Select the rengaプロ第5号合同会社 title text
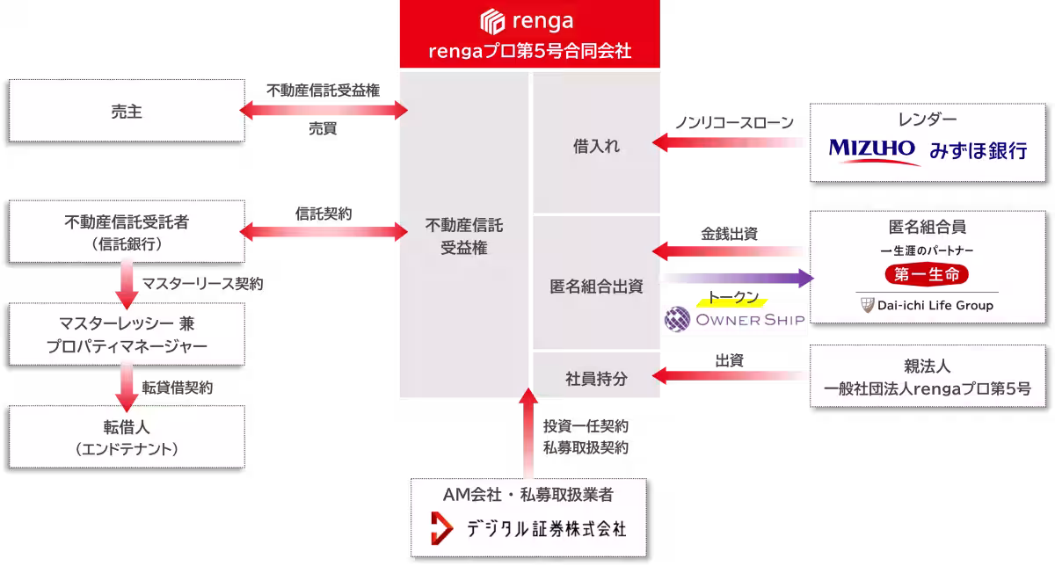click(529, 51)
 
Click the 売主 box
click(127, 111)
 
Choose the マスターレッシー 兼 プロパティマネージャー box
click(127, 335)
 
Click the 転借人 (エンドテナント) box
click(127, 438)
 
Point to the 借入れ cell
click(596, 146)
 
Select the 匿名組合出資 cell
click(596, 287)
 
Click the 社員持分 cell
click(596, 378)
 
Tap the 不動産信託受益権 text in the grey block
click(464, 236)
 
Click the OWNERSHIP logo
click(735, 319)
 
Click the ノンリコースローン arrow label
click(734, 122)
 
